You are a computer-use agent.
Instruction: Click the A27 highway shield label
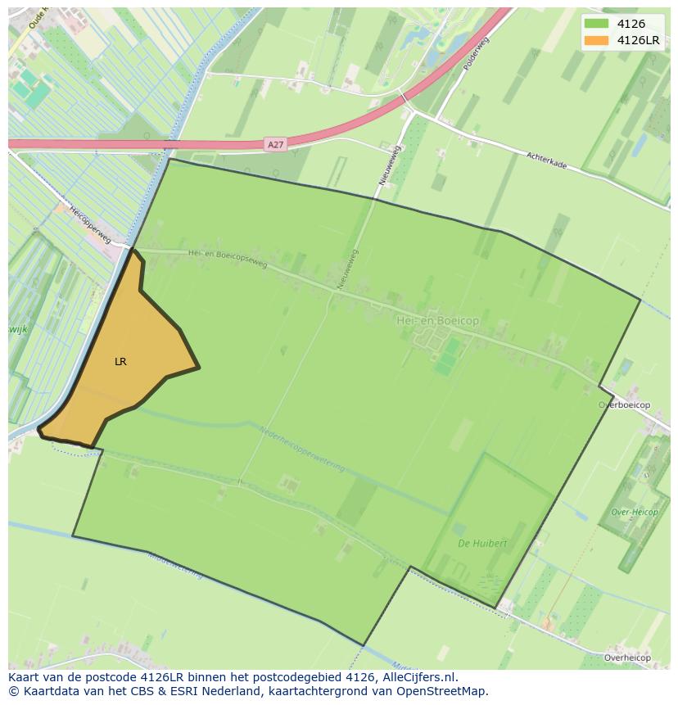[276, 145]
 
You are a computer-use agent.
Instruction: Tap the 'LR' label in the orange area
[120, 361]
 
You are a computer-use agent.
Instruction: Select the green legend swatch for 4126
[597, 24]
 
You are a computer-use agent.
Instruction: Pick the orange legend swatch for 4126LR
[597, 40]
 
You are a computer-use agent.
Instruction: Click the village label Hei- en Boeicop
[437, 322]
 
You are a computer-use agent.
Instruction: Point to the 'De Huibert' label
[482, 543]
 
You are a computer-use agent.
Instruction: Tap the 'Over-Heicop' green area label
[635, 512]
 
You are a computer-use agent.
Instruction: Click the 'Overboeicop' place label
[624, 405]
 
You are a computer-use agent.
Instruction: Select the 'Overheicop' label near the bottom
[627, 658]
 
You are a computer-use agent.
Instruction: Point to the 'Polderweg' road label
[475, 53]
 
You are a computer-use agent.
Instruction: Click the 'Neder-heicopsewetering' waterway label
[302, 450]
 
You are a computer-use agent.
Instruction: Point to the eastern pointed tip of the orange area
[198, 368]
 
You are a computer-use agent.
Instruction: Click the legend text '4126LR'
[638, 40]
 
